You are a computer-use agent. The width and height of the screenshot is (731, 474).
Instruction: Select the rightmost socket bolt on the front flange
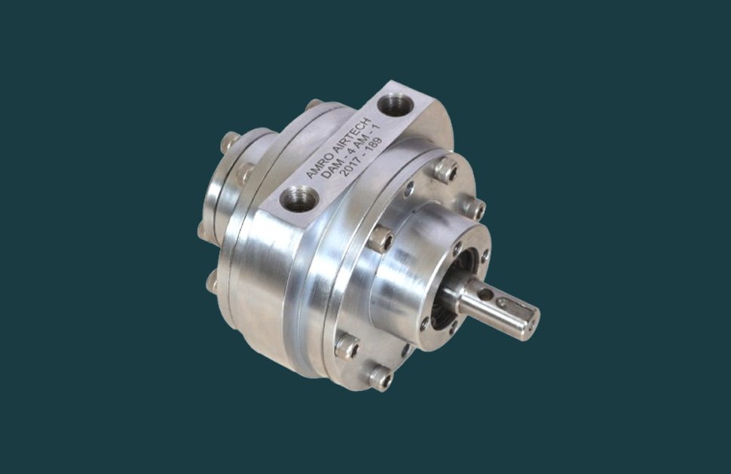[475, 208]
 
